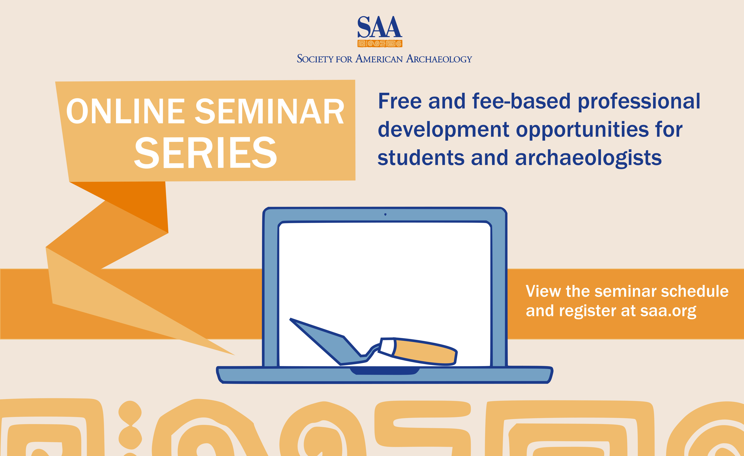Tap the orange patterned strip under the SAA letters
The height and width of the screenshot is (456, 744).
pos(380,43)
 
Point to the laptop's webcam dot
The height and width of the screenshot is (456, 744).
pos(385,214)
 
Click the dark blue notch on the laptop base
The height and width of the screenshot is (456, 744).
pos(385,371)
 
